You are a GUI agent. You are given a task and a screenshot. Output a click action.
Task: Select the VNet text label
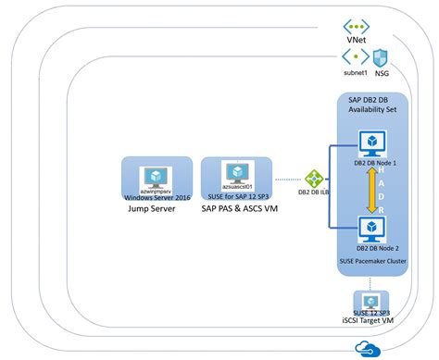coord(357,43)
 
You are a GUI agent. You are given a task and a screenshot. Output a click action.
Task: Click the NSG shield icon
coord(380,58)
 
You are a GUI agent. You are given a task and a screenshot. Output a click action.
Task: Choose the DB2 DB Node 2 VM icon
coord(371,228)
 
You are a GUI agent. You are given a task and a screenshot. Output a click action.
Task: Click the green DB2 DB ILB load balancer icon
coord(315,178)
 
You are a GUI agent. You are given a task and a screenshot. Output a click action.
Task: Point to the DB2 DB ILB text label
coord(315,192)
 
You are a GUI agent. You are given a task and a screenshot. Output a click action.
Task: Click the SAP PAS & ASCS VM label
coord(236,210)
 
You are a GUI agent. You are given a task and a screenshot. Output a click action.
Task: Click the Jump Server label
coord(151,210)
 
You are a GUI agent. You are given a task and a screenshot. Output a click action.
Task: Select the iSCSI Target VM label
coord(370,319)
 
